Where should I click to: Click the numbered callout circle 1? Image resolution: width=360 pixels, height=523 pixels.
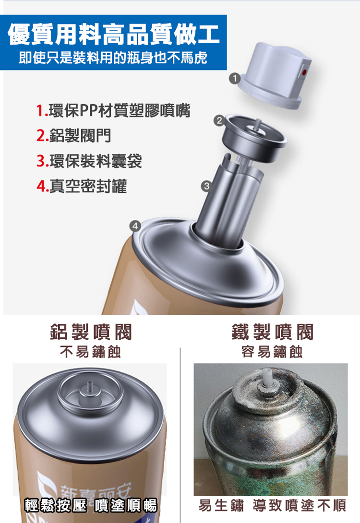(x=235, y=78)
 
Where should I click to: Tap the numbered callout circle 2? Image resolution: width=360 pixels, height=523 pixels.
(x=219, y=120)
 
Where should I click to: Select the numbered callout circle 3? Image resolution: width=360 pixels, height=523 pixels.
(x=206, y=186)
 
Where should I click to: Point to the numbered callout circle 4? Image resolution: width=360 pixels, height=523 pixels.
(x=135, y=226)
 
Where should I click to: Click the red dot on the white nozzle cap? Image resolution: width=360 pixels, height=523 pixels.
(x=304, y=71)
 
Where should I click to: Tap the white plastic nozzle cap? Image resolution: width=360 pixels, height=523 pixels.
(x=275, y=75)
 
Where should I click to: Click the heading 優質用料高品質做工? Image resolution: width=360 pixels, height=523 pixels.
(x=114, y=34)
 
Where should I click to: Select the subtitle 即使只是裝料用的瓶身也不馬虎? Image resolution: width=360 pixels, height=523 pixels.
(x=113, y=58)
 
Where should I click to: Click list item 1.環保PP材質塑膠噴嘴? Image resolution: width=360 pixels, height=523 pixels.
(x=113, y=110)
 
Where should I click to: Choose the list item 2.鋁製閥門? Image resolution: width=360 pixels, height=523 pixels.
(x=74, y=135)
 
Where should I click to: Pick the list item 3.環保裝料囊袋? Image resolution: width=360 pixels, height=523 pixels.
(x=89, y=161)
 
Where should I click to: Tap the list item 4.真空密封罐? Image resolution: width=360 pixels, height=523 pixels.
(x=82, y=186)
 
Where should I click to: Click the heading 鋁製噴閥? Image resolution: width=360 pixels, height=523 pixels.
(x=91, y=332)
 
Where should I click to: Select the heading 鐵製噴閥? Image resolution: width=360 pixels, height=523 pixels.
(x=273, y=332)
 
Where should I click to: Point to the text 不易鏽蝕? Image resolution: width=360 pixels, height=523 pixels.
(x=90, y=352)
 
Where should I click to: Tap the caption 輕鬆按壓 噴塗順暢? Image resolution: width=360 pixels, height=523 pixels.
(x=90, y=505)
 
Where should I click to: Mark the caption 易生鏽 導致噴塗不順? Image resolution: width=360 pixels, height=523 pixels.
(x=272, y=505)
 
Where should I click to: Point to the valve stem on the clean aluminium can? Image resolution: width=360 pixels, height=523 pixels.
(x=89, y=388)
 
